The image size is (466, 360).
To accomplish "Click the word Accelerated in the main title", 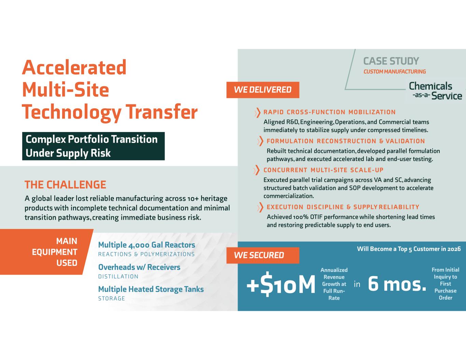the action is pyautogui.click(x=74, y=67).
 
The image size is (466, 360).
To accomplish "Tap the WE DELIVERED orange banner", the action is pyautogui.click(x=263, y=90).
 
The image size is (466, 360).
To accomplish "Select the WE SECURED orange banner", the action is pyautogui.click(x=263, y=255).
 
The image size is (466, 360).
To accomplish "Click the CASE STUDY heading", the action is pyautogui.click(x=391, y=61).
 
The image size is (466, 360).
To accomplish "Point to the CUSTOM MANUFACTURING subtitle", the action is pyautogui.click(x=395, y=72).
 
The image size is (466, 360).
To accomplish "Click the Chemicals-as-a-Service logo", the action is pyautogui.click(x=435, y=91).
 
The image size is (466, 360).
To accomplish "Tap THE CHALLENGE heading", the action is pyautogui.click(x=66, y=185).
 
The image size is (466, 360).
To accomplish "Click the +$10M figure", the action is pyautogui.click(x=281, y=284).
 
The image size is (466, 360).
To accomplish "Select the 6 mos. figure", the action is pyautogui.click(x=397, y=284).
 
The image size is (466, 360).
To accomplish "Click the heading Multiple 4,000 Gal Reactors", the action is pyautogui.click(x=147, y=245).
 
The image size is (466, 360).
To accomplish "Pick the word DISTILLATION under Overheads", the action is pyautogui.click(x=118, y=276).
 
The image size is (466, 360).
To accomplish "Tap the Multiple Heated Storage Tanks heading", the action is pyautogui.click(x=151, y=289).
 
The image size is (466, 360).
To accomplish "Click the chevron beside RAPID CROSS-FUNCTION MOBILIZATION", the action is pyautogui.click(x=257, y=113).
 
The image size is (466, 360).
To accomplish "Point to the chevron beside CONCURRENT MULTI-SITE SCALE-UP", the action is pyautogui.click(x=256, y=170).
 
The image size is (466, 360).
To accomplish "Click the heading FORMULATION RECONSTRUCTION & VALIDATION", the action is pyautogui.click(x=346, y=141).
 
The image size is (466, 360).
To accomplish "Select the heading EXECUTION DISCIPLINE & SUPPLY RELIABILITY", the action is pyautogui.click(x=343, y=207).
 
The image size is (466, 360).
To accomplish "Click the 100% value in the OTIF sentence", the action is pyautogui.click(x=301, y=217).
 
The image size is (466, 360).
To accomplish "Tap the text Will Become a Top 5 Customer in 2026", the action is pyautogui.click(x=409, y=249).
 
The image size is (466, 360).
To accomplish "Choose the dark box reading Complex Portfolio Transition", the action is pyautogui.click(x=94, y=146).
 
